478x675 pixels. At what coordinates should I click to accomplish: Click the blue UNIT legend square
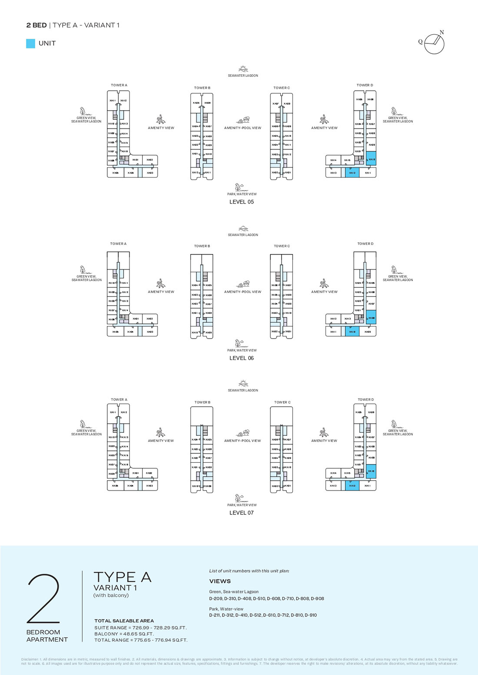[30, 43]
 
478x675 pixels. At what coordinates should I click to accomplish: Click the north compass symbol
[434, 43]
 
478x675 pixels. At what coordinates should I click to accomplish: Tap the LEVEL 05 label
[242, 202]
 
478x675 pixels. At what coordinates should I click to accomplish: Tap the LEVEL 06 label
[242, 358]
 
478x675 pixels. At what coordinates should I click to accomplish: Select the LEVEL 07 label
[242, 513]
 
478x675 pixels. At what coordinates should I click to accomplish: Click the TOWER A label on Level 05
[119, 85]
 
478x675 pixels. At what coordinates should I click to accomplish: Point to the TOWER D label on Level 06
[365, 244]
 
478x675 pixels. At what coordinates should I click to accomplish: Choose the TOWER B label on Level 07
[202, 402]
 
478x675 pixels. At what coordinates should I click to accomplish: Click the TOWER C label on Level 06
[282, 246]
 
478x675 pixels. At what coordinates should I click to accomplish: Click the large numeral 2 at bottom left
[43, 599]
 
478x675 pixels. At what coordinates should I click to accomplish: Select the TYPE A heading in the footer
[123, 577]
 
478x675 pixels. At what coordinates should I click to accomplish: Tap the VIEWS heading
[220, 581]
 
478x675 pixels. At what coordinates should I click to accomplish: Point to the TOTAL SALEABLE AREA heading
[124, 621]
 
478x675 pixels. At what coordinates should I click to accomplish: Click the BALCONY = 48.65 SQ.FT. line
[124, 634]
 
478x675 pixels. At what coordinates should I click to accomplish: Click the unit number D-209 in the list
[216, 599]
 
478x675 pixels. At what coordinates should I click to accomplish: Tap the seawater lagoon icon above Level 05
[243, 69]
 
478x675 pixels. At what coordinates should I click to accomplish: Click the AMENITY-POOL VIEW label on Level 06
[242, 292]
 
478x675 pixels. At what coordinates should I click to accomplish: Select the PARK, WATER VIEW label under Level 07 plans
[242, 505]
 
